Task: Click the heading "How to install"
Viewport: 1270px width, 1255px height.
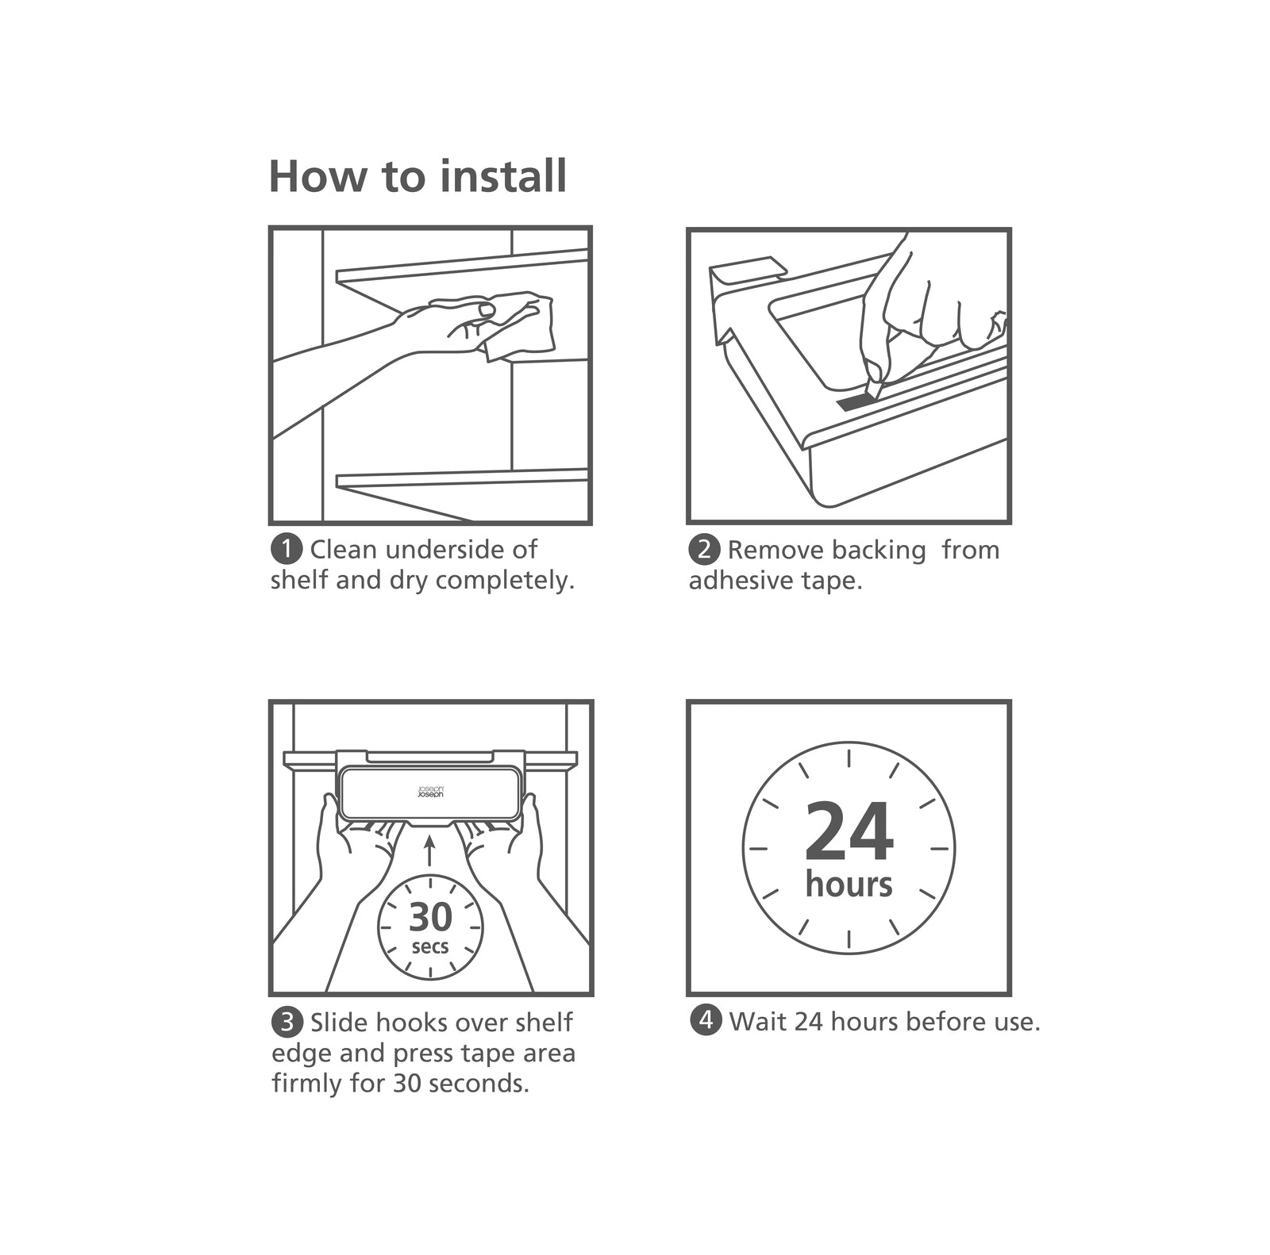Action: (x=418, y=176)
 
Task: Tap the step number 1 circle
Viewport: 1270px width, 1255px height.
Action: (x=287, y=549)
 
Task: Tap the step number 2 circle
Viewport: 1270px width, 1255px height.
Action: (x=704, y=549)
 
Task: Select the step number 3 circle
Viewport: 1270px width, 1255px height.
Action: (x=287, y=1022)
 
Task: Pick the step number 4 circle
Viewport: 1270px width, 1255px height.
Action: (x=705, y=1020)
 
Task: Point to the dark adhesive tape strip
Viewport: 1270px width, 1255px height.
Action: (x=853, y=401)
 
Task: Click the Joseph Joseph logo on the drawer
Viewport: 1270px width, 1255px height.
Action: (x=430, y=792)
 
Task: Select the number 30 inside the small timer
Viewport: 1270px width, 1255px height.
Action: (x=430, y=917)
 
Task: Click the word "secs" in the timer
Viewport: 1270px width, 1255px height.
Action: (x=430, y=946)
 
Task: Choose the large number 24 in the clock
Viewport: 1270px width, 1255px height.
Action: (x=849, y=832)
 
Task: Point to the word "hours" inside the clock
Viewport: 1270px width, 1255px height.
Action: (x=849, y=884)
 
